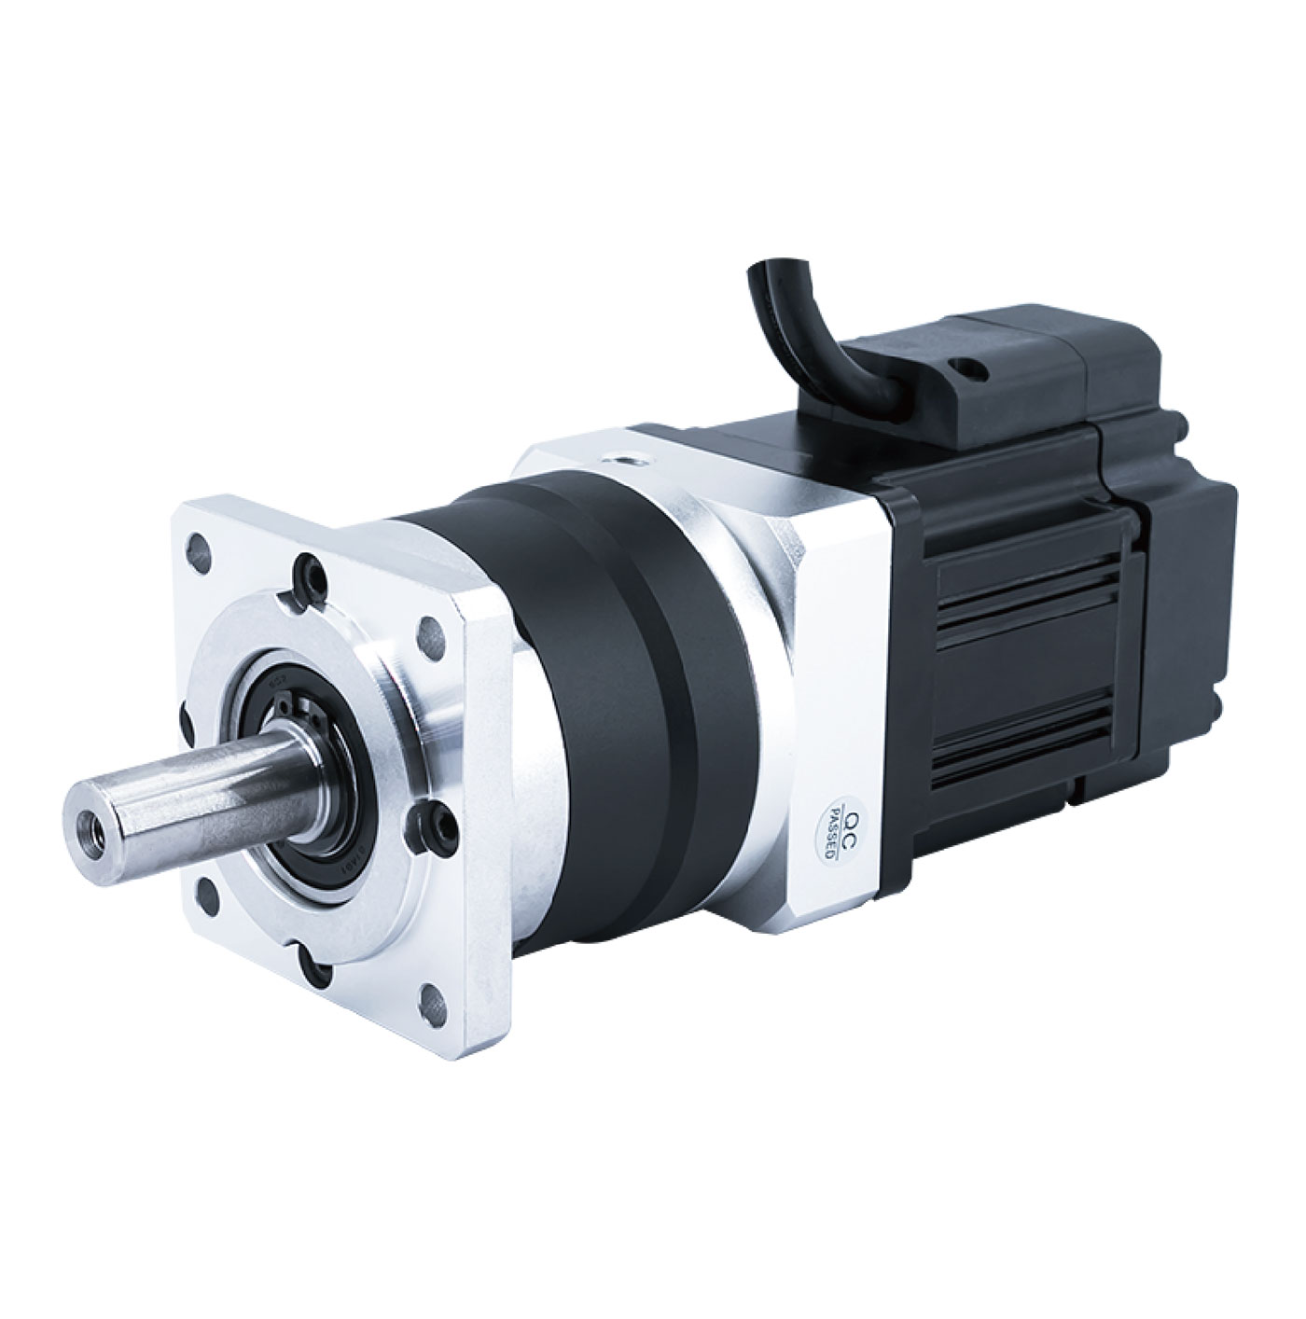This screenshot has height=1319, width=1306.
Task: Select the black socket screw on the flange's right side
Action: point(437,821)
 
